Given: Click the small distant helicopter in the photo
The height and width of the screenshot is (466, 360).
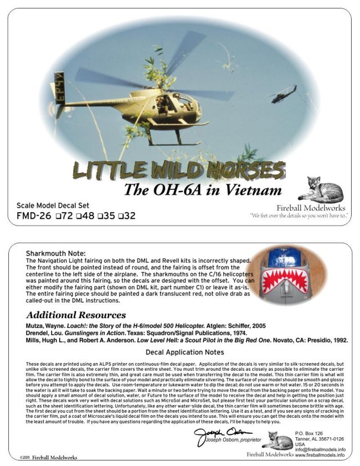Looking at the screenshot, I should coord(283,94).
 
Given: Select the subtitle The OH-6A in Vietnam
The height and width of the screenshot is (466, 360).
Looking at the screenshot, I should coord(202,190).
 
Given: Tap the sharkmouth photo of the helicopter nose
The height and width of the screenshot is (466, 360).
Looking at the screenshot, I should coord(287,277).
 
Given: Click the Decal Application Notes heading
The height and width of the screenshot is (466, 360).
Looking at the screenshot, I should coord(184,352).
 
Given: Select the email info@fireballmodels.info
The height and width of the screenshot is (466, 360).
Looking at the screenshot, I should coord(320,449).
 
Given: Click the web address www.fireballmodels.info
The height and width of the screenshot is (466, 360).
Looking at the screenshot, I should coord(320,455).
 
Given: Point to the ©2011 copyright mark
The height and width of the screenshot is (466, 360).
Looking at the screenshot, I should coord(23,458).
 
